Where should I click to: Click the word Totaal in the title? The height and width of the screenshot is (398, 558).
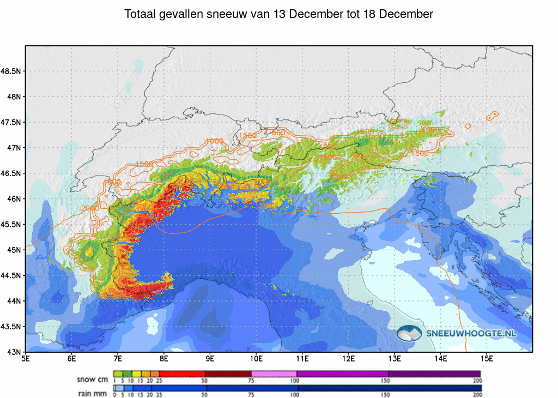point(140,14)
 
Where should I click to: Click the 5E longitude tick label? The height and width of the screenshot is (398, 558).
point(26,359)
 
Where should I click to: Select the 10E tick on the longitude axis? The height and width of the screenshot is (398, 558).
point(257,359)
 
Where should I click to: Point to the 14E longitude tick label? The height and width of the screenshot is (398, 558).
point(441,359)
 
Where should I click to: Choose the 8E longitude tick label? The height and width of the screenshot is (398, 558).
point(164,359)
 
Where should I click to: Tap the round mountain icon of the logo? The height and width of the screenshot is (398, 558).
point(409,333)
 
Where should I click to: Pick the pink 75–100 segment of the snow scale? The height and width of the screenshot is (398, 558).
point(274,373)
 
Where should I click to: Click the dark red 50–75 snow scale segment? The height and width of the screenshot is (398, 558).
point(228,373)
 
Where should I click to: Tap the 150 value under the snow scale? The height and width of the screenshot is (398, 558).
point(388,380)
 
